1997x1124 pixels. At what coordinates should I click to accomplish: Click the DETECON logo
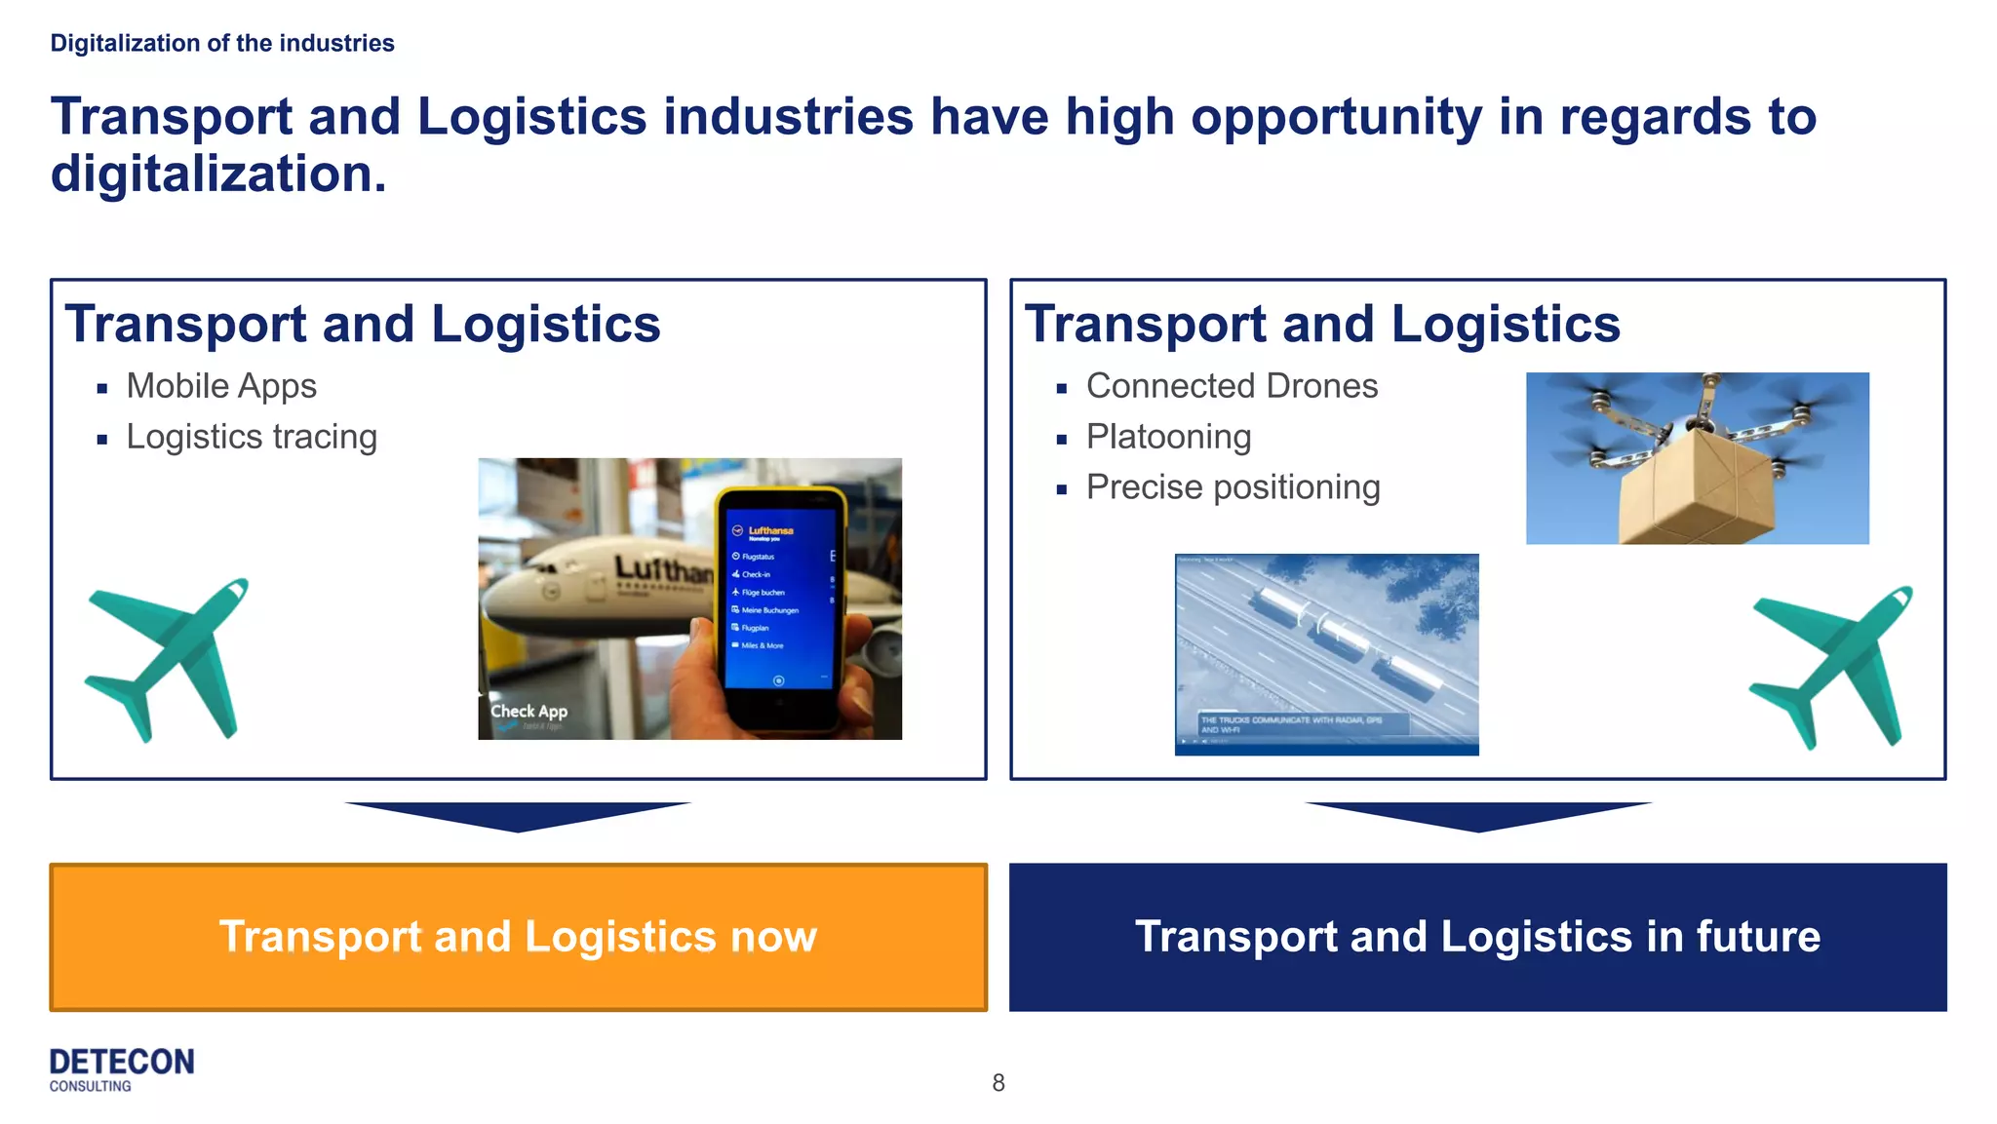(x=122, y=1068)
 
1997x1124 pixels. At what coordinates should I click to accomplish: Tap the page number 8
(x=998, y=1083)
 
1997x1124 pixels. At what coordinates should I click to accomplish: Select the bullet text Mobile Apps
(x=221, y=386)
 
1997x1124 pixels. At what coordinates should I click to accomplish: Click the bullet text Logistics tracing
(x=252, y=437)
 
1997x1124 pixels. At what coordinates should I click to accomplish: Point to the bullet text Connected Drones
(x=1232, y=386)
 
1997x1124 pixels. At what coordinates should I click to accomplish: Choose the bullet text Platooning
(x=1168, y=437)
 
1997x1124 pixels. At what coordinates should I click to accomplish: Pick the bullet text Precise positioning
(x=1233, y=487)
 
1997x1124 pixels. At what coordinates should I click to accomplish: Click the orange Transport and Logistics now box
(x=518, y=937)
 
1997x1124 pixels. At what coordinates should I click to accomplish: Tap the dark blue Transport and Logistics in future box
(x=1477, y=937)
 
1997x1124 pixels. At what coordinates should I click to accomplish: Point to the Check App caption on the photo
(x=529, y=712)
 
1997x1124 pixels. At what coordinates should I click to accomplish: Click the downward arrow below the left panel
(x=518, y=816)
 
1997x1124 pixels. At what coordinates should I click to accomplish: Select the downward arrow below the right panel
(x=1477, y=816)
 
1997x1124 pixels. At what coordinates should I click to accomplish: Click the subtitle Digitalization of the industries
(x=222, y=44)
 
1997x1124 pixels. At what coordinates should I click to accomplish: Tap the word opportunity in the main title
(x=1335, y=117)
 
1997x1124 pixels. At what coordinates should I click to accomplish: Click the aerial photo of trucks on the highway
(x=1326, y=653)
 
